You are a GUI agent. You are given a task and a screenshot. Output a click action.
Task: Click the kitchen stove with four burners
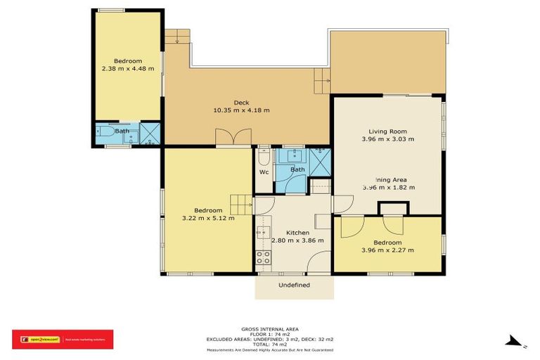coord(264,258)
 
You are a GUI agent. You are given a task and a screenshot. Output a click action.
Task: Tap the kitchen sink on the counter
coord(264,232)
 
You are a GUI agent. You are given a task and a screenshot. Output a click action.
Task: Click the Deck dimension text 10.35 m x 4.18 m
coord(241,110)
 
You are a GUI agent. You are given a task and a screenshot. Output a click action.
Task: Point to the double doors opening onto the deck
coord(233,138)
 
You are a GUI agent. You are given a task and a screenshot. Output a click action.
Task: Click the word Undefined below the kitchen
coord(294,285)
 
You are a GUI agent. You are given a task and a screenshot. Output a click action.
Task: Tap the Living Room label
coord(388,131)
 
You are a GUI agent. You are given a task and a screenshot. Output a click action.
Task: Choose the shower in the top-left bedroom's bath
coord(150,133)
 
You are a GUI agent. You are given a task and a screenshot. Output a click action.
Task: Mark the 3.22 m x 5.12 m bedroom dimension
coord(208,219)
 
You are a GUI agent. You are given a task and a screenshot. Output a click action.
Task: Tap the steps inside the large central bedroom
coord(241,205)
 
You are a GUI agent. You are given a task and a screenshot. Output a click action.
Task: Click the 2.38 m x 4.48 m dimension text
coord(128,69)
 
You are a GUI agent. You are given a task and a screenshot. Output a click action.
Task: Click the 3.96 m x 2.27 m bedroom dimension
coord(387,250)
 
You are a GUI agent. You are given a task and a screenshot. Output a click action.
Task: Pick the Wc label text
coord(264,172)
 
